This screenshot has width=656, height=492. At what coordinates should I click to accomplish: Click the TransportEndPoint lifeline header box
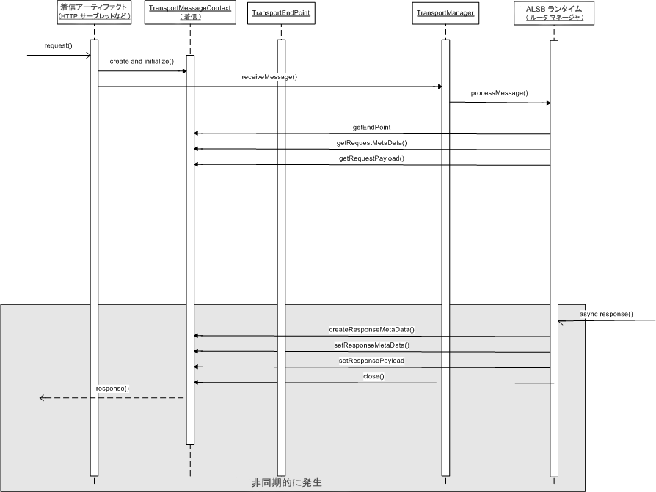point(281,13)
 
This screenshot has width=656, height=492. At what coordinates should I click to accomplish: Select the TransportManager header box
point(445,13)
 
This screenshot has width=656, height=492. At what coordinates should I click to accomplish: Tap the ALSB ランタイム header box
point(554,13)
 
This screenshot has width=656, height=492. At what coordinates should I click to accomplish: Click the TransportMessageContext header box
point(190,12)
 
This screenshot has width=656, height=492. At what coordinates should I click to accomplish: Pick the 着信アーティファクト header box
point(94,12)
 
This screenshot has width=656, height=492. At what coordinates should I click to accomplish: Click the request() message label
point(58,45)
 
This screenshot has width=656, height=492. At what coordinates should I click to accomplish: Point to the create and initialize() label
point(142,62)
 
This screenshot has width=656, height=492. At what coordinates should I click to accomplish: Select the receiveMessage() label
point(269,77)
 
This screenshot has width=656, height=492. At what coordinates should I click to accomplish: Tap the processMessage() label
point(500,93)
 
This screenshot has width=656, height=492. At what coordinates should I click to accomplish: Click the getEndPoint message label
point(371,127)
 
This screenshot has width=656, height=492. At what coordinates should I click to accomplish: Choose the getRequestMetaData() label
point(371,143)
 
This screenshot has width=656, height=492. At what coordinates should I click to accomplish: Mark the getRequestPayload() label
point(371,158)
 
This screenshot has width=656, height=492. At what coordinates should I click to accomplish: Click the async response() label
point(606,314)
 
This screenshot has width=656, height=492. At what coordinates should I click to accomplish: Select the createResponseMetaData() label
point(371,329)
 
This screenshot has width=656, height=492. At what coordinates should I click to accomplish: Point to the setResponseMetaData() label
point(371,345)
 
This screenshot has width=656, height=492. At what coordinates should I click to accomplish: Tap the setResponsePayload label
point(371,361)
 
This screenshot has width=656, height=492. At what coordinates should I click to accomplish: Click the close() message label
point(373,376)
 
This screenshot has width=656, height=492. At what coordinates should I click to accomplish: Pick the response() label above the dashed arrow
point(112,389)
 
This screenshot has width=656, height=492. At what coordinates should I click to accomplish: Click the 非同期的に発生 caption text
point(287,482)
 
